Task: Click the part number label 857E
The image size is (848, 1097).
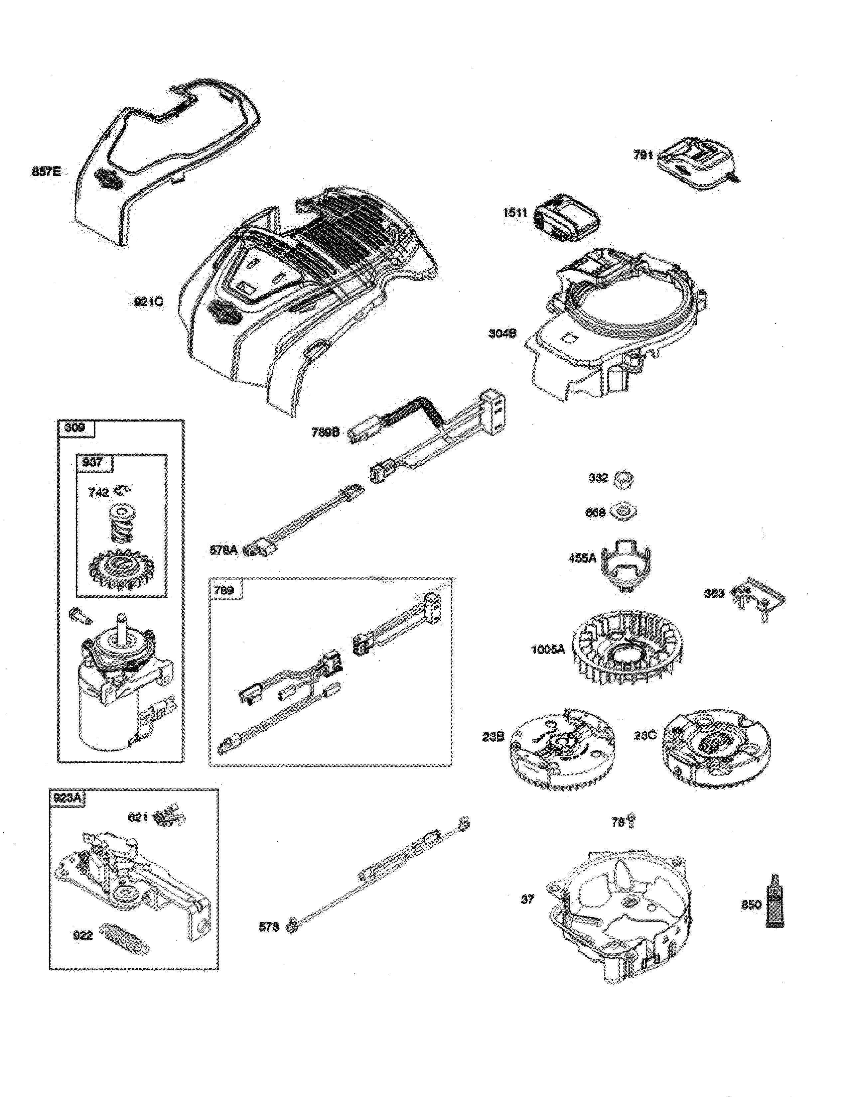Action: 46,172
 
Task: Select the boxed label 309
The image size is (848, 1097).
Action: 75,428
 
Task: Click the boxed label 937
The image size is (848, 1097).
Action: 92,462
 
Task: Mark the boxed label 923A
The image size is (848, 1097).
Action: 67,798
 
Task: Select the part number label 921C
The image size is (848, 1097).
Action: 149,303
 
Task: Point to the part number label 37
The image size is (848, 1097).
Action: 527,899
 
